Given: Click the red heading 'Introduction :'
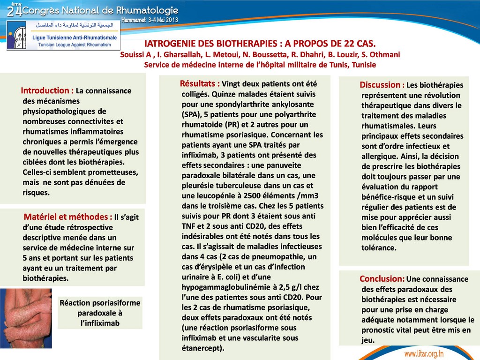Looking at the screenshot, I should click(x=47, y=90).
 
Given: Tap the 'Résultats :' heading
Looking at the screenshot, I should click(x=200, y=84).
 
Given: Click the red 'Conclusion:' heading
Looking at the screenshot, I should click(x=382, y=279).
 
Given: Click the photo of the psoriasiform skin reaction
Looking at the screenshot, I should click(x=25, y=317).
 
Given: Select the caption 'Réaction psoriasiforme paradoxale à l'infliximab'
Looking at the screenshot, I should click(x=100, y=313).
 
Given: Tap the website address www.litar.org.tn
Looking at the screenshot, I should click(x=430, y=352).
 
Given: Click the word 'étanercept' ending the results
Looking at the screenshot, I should click(x=202, y=348).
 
